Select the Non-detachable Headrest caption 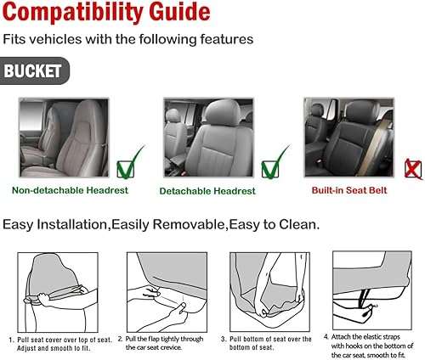[70, 190]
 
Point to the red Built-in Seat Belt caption [348, 190]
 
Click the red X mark [413, 169]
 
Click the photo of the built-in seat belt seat [348, 135]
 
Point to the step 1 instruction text [58, 343]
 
